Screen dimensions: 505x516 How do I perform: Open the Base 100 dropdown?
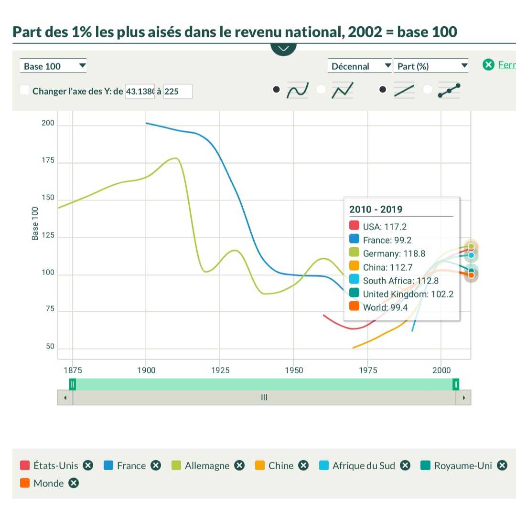tap(53, 66)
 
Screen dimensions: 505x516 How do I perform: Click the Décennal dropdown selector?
tap(359, 66)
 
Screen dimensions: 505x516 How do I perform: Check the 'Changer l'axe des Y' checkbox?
tap(25, 90)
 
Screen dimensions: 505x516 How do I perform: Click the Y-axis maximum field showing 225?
tap(178, 91)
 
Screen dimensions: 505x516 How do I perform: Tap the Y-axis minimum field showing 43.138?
tap(140, 91)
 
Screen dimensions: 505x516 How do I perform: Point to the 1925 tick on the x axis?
tap(220, 370)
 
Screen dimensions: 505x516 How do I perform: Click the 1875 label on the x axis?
tap(73, 370)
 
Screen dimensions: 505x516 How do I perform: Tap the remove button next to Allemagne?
tap(239, 465)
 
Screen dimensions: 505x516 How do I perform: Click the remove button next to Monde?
tap(73, 483)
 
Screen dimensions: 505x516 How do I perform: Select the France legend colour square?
tap(108, 465)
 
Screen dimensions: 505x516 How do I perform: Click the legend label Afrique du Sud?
tap(364, 465)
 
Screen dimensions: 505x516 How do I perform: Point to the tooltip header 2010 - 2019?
tap(376, 209)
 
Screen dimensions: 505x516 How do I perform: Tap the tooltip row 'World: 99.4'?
tap(385, 307)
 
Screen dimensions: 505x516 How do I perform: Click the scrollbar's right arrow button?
tap(463, 397)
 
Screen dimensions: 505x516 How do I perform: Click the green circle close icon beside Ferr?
tap(488, 65)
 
